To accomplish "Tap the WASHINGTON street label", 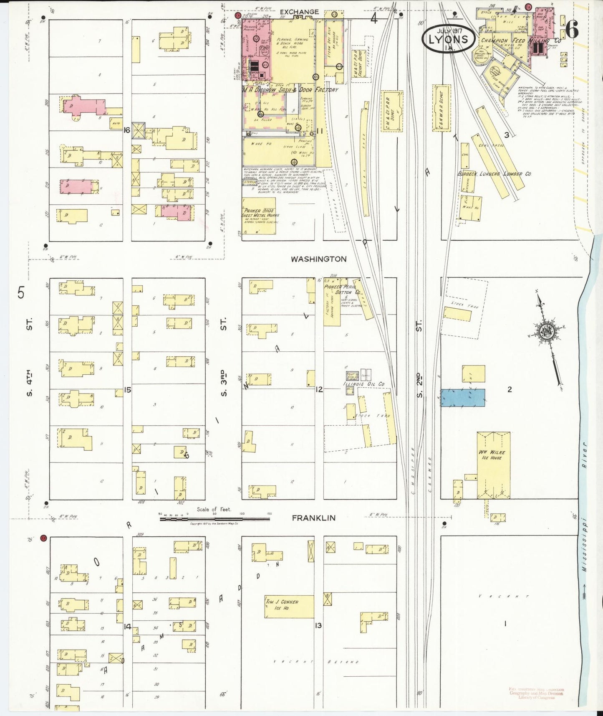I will pos(318,259).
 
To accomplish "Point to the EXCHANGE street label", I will pos(299,12).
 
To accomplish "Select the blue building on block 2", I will pos(463,397).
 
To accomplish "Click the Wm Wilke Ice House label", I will pos(493,455).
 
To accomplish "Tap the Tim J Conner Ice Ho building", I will pos(289,606).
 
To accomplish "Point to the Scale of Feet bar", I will pos(214,519).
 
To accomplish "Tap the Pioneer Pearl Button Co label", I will pos(343,290).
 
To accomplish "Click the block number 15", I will pos(128,389).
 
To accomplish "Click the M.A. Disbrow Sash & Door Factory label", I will pos(290,90).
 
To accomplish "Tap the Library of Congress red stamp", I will pos(536,693).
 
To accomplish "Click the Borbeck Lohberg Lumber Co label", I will pos(494,173).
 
